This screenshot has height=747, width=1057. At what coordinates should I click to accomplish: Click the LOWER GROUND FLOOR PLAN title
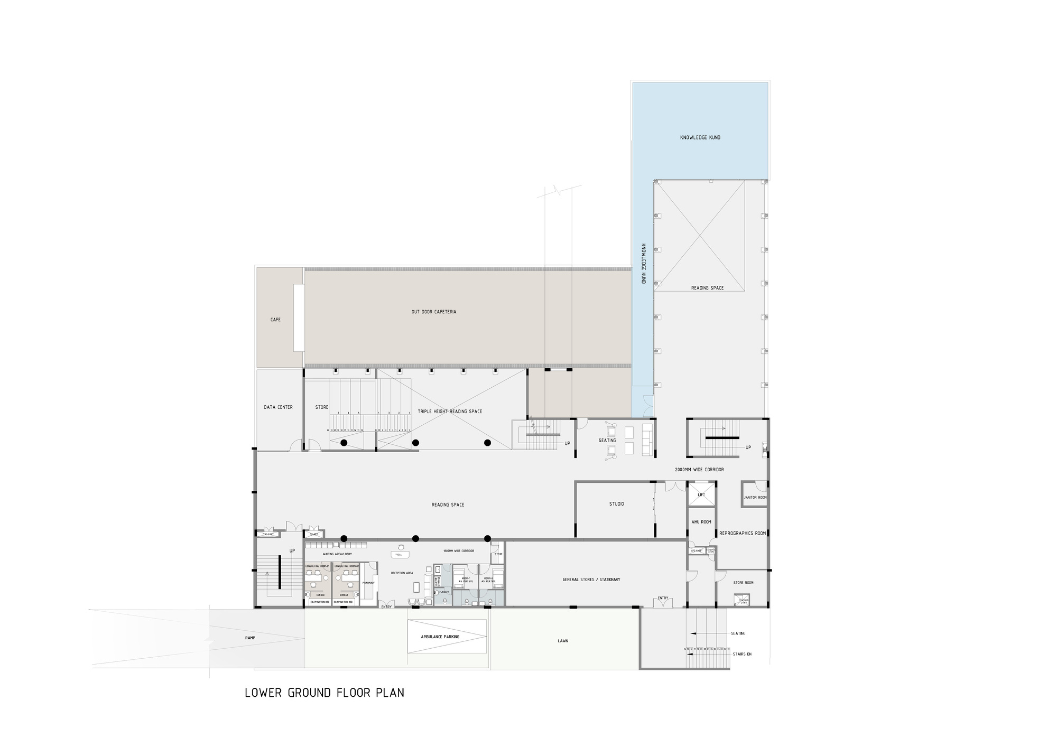coord(324,693)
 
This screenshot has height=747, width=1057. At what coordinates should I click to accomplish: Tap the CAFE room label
coord(275,320)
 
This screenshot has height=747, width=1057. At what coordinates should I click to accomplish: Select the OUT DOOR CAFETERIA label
coord(434,312)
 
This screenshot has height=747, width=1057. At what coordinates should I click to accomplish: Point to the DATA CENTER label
coord(278,407)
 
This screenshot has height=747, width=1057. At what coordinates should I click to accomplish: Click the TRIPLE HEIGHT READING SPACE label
coord(450,412)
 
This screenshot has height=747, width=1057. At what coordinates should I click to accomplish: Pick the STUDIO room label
coord(616,504)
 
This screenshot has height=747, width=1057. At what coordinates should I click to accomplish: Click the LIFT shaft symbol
coord(701,495)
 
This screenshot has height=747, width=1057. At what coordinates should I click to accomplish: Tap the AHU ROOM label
coord(701,522)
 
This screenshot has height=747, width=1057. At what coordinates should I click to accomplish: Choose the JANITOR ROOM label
coord(755,498)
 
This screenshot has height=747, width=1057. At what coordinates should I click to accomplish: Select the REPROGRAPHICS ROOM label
coord(742,534)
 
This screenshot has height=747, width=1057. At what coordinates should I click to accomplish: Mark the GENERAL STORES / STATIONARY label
coord(591,580)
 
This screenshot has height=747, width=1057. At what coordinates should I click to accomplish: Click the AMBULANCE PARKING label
coord(440,637)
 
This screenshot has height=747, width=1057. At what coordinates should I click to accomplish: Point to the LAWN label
coord(563,641)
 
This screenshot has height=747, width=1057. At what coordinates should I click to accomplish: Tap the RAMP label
coord(250,638)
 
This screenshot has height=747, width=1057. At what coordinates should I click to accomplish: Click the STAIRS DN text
coord(741,654)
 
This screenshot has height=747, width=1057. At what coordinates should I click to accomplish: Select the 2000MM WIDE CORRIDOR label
coord(699,470)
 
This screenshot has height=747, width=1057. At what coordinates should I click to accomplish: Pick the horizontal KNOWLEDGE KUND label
coord(700,137)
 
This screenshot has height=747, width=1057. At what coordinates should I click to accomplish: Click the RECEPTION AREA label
coord(402,573)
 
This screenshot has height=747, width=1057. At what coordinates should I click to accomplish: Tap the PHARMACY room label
coord(368,583)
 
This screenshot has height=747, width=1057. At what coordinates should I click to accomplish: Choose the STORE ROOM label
coord(743,583)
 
